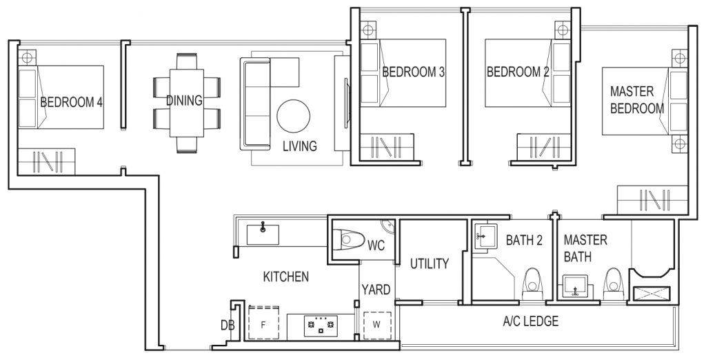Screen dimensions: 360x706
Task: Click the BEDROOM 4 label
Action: (x=71, y=103)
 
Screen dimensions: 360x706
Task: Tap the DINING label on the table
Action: (x=183, y=101)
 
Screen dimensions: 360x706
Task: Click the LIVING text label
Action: (x=300, y=146)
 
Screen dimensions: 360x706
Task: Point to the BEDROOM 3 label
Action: (x=412, y=72)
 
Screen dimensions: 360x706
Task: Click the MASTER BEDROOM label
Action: (x=636, y=100)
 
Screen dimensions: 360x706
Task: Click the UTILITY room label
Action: (x=430, y=263)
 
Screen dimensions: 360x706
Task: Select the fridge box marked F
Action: (x=263, y=323)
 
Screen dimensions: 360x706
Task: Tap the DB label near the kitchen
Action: (x=226, y=324)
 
